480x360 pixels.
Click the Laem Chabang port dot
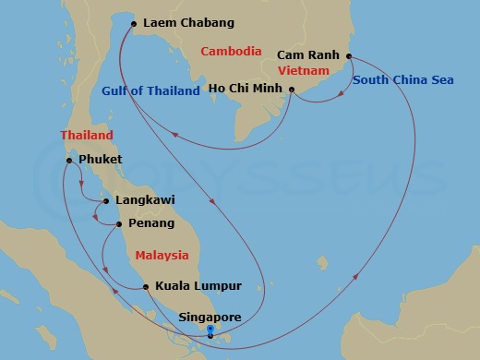tap(134, 23)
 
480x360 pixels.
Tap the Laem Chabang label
tap(188, 22)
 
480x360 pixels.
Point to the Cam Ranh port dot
tap(349, 56)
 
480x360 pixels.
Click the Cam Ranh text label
tap(309, 55)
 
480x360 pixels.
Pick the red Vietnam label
tap(305, 70)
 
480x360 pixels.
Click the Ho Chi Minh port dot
tap(292, 90)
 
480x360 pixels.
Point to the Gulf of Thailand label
tap(150, 90)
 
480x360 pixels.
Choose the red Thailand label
tap(87, 136)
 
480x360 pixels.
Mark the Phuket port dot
tap(69, 161)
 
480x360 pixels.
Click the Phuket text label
tap(102, 160)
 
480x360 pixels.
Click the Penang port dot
tap(119, 223)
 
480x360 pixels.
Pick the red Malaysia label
tap(162, 255)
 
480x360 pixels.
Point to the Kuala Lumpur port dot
tap(146, 287)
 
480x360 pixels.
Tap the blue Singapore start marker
tap(210, 330)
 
